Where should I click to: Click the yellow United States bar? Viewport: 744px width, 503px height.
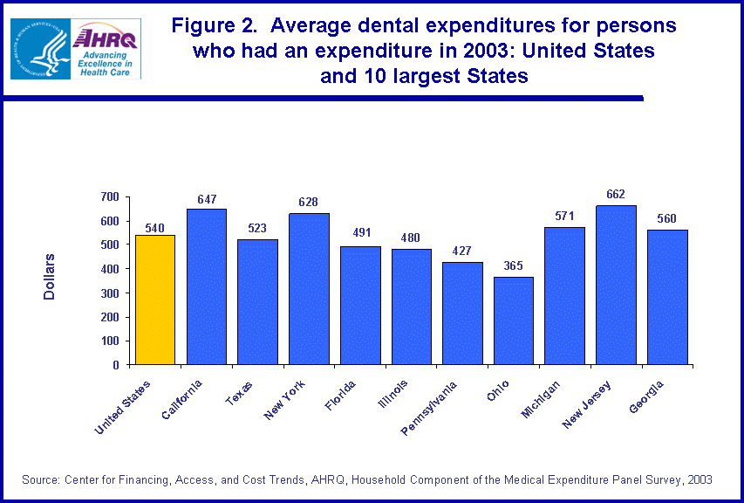click(x=155, y=300)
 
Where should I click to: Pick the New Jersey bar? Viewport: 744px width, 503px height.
click(x=616, y=285)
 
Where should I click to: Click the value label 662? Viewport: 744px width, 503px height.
click(x=616, y=194)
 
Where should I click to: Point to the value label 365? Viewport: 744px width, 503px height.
click(x=514, y=265)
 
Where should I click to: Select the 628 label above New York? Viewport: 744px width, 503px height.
click(x=309, y=202)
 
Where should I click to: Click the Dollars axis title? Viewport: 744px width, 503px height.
click(x=50, y=278)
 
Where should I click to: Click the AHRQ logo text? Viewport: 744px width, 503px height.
click(x=106, y=38)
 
